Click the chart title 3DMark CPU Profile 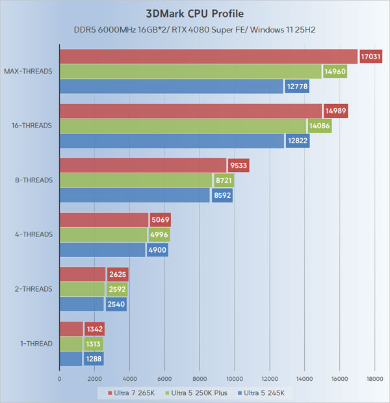tap(195, 14)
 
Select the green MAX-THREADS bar tap(190, 72)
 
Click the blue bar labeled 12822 tap(172, 141)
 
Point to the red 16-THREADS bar tap(190, 111)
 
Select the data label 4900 tap(158, 249)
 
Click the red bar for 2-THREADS tap(82, 275)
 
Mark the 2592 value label tap(116, 289)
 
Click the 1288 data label tap(94, 358)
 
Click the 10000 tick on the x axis tap(234, 378)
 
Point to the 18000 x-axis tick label tap(374, 378)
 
